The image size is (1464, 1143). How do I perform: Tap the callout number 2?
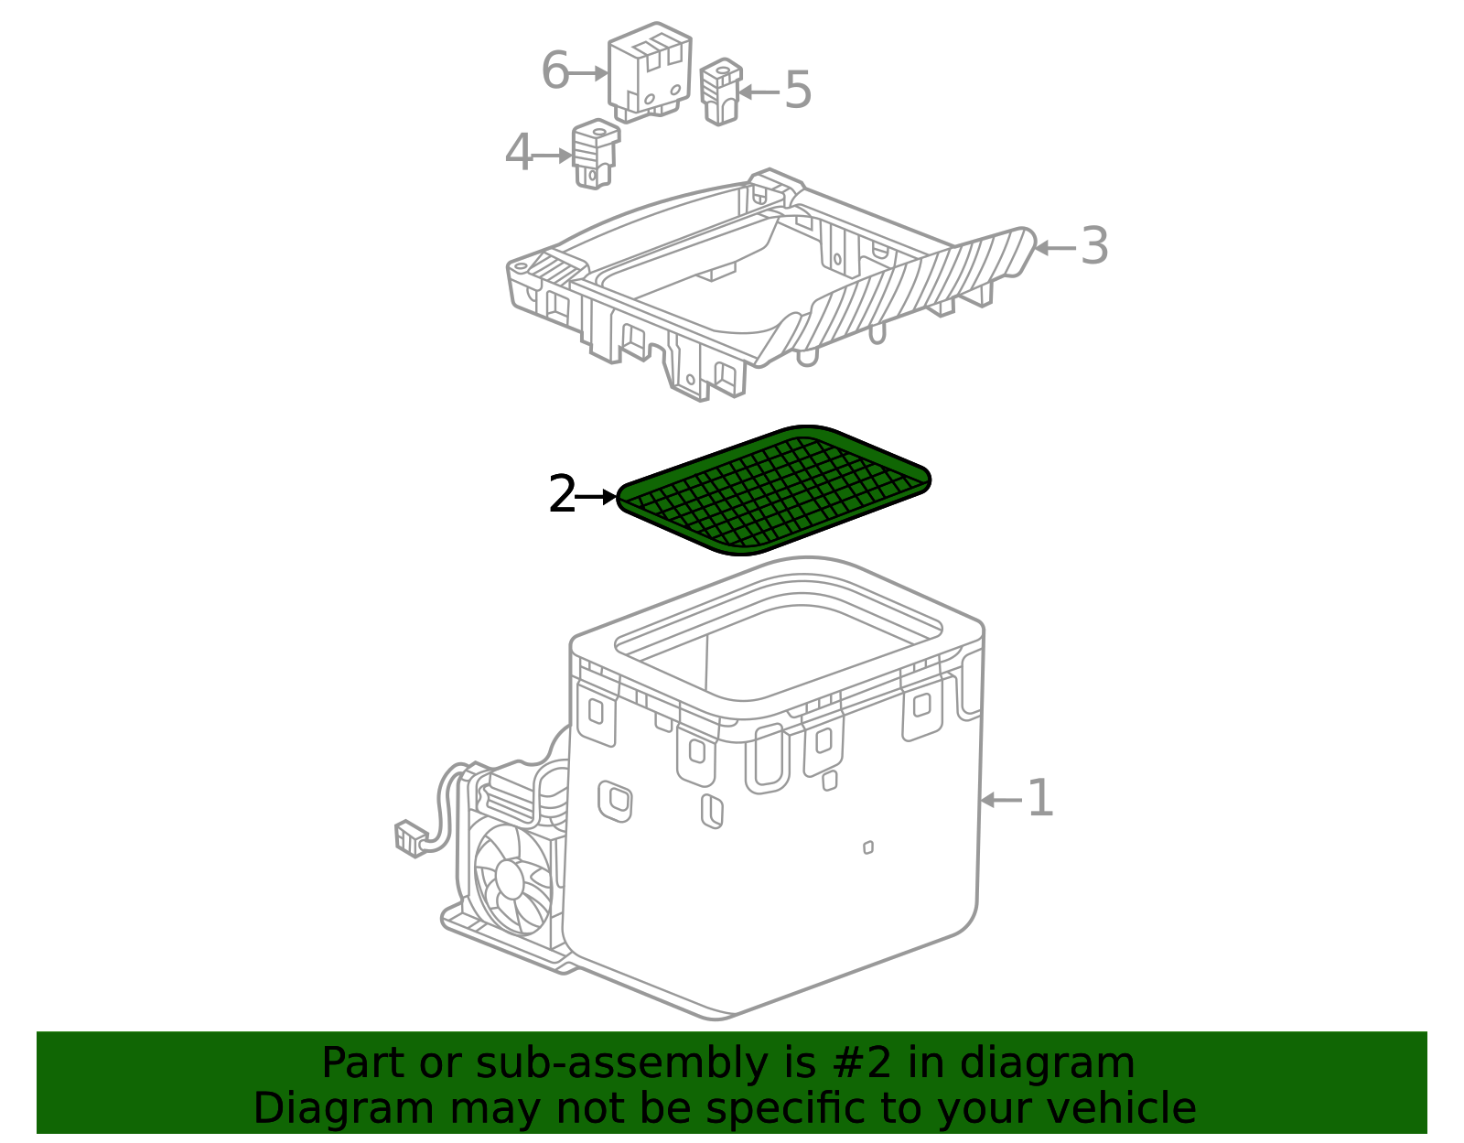coord(562,494)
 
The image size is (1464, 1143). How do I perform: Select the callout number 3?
coord(1094,246)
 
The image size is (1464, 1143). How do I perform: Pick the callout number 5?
coord(799,90)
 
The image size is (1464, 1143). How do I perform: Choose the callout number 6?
coord(555,70)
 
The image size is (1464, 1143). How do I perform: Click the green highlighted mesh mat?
coord(773,491)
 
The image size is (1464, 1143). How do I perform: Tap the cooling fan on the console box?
coord(513,879)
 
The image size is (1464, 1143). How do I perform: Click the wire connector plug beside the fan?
coord(411,838)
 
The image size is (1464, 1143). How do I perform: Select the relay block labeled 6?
coord(650,72)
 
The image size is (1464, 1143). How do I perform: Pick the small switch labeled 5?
coord(721,92)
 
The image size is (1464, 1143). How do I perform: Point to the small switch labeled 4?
coord(596,154)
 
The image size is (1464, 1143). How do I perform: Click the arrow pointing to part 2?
coord(597,497)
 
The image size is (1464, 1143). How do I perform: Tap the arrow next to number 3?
coord(1055,248)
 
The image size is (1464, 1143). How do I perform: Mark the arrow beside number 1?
coord(1001,800)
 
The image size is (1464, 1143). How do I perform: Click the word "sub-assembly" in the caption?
coord(621,1063)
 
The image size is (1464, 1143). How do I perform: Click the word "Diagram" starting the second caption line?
coord(344,1109)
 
